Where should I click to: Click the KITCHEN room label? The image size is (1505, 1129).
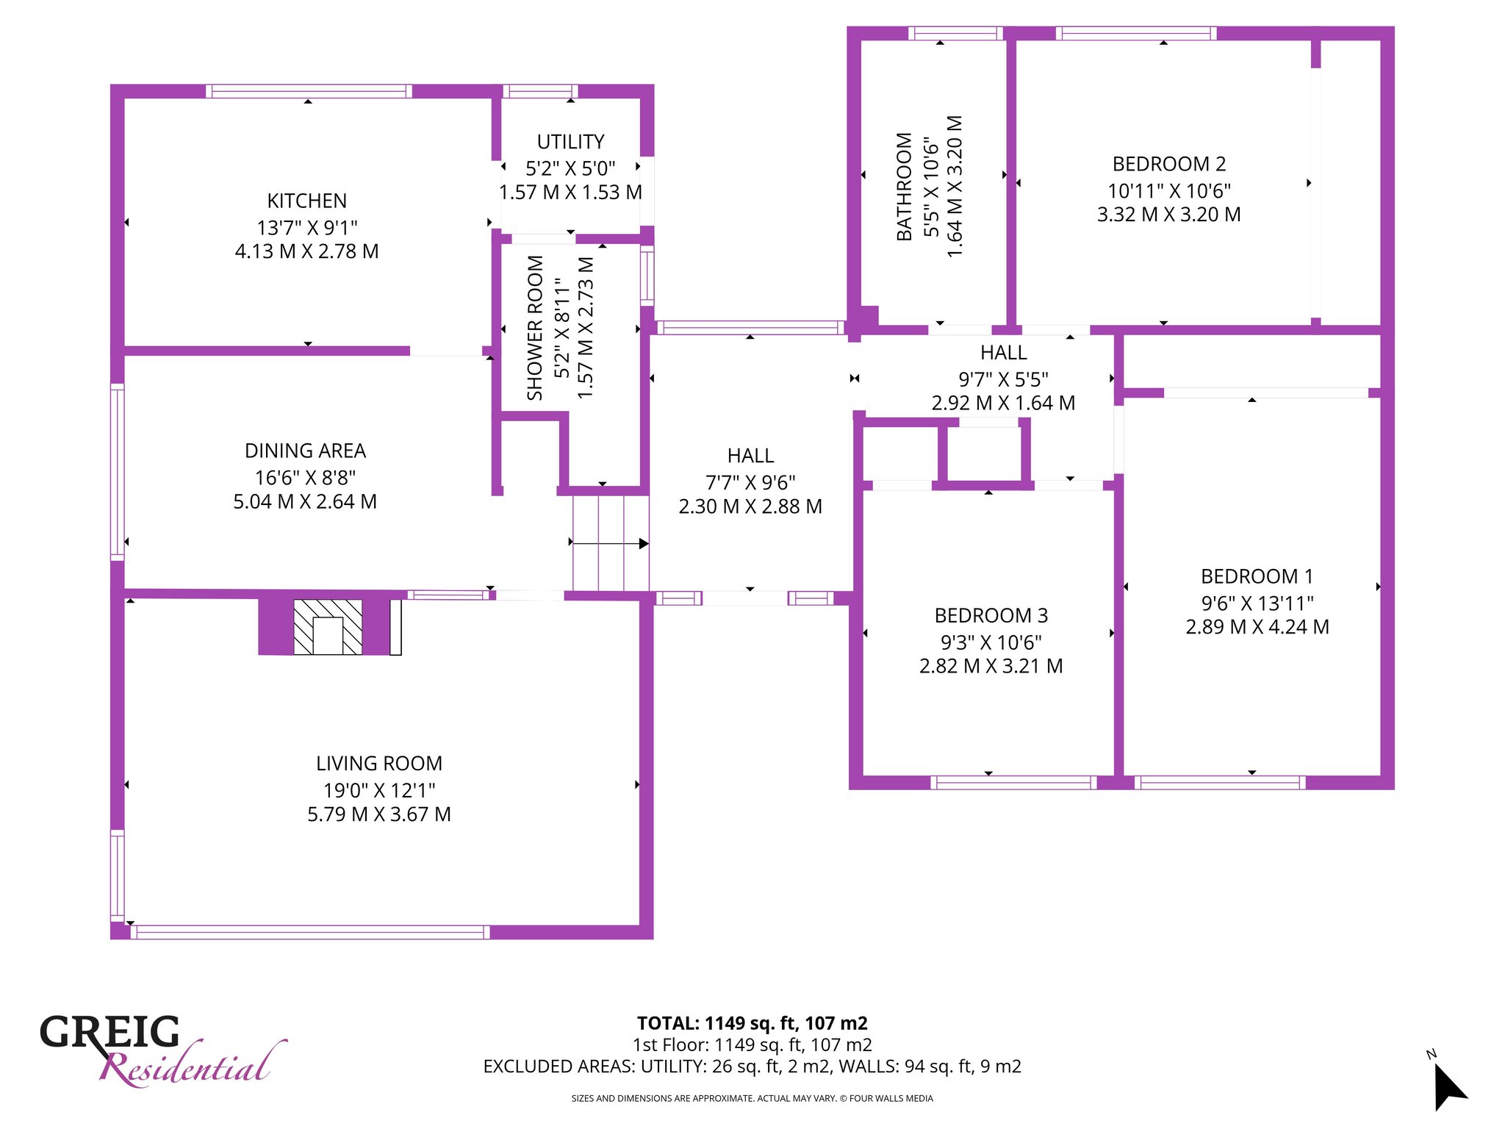pyautogui.click(x=307, y=201)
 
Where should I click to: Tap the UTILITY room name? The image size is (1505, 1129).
pyautogui.click(x=570, y=141)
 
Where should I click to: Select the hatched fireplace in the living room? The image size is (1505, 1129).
pyautogui.click(x=328, y=627)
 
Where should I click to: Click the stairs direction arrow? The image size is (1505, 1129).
pyautogui.click(x=609, y=544)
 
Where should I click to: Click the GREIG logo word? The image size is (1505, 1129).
pyautogui.click(x=109, y=1032)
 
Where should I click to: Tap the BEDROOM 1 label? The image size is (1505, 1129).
pyautogui.click(x=1257, y=576)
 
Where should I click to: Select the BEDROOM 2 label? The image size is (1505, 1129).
pyautogui.click(x=1168, y=164)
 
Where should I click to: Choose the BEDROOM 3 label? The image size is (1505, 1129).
pyautogui.click(x=991, y=615)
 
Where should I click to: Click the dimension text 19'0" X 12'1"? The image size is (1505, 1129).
pyautogui.click(x=379, y=790)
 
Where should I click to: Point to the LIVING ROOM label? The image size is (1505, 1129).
pyautogui.click(x=379, y=764)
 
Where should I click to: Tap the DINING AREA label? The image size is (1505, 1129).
pyautogui.click(x=305, y=451)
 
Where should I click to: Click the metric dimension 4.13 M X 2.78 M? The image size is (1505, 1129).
pyautogui.click(x=306, y=251)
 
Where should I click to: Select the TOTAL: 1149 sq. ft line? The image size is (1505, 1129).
pyautogui.click(x=752, y=1023)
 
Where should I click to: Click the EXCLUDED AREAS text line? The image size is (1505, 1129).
pyautogui.click(x=752, y=1067)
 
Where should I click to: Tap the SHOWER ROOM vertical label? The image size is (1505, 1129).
pyautogui.click(x=535, y=328)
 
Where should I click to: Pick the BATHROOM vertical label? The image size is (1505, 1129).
pyautogui.click(x=904, y=187)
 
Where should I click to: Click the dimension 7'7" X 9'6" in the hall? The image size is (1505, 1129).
pyautogui.click(x=750, y=482)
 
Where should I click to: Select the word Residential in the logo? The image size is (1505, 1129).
pyautogui.click(x=193, y=1064)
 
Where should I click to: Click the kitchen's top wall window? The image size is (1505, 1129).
pyautogui.click(x=309, y=91)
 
